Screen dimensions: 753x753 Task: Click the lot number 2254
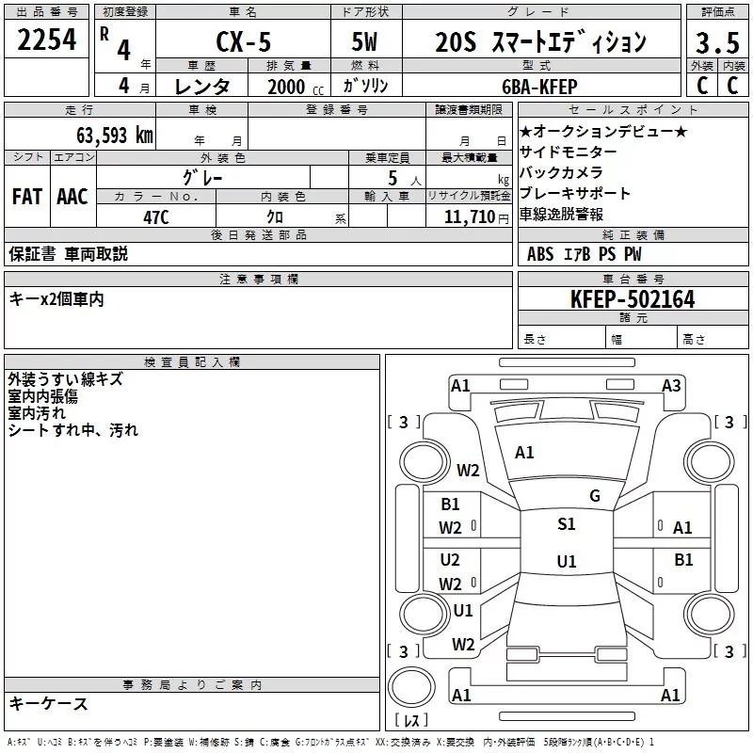46,40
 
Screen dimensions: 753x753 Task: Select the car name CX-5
244,41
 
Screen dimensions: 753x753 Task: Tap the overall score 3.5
717,42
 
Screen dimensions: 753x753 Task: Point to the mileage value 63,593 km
115,136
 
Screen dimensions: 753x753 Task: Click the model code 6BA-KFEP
539,87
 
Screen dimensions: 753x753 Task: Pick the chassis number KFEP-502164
633,299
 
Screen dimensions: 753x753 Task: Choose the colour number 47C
156,217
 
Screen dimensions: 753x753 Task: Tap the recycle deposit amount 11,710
470,217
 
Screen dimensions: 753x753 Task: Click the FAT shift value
27,197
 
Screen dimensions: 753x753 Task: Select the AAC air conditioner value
72,197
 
